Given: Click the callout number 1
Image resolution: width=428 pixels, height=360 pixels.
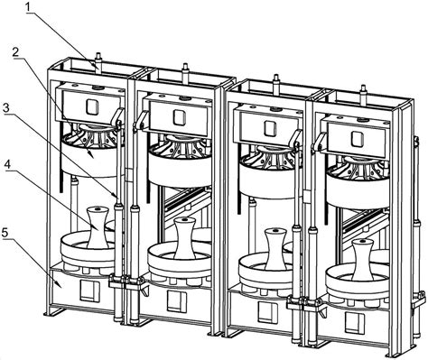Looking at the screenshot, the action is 28,7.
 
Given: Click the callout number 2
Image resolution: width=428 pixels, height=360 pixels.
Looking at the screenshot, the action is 15,52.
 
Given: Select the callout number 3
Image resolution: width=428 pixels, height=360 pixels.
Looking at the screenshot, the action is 6,107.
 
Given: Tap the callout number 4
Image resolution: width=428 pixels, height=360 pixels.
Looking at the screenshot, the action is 7,164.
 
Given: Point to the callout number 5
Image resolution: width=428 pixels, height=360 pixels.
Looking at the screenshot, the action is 5,232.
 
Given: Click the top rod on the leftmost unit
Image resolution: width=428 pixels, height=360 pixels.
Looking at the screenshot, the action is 98,61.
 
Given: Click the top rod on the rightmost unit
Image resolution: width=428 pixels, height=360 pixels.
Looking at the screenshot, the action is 363,96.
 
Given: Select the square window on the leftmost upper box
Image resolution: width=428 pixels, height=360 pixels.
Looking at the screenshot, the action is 92,106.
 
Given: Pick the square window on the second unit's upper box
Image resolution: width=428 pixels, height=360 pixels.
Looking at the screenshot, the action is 179,117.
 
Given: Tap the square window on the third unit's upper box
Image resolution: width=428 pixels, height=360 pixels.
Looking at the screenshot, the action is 270,128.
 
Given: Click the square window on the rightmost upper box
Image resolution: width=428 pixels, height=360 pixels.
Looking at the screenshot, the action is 358,138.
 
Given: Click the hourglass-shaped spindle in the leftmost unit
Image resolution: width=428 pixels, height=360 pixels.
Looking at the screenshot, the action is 98,227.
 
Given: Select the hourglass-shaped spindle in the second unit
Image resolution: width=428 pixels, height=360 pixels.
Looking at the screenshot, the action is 185,238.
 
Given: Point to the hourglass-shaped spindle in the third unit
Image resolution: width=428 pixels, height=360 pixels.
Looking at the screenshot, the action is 275,248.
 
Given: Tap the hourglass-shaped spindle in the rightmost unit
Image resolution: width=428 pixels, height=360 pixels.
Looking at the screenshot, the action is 362,260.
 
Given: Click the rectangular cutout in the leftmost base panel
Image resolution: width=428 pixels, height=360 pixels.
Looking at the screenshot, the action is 88,291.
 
